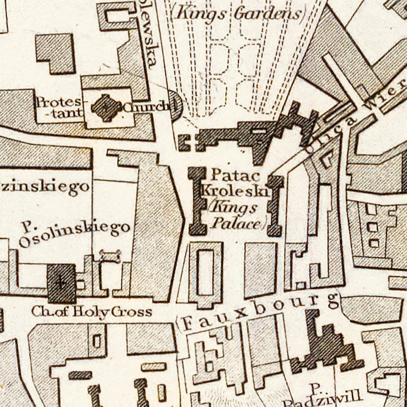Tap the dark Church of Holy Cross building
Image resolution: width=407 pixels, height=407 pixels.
coord(61,284)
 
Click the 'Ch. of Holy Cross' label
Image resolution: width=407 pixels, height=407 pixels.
coord(91,312)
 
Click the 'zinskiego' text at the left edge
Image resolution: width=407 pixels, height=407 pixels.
coord(45,187)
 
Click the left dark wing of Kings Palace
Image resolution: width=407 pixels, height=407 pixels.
coord(197,201)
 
